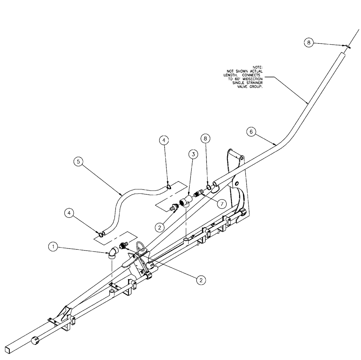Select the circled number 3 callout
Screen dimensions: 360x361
pyautogui.click(x=193, y=155)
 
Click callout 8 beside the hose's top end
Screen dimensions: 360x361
pyautogui.click(x=308, y=43)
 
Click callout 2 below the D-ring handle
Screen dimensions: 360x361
pyautogui.click(x=200, y=279)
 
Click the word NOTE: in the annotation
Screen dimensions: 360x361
pyautogui.click(x=257, y=67)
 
